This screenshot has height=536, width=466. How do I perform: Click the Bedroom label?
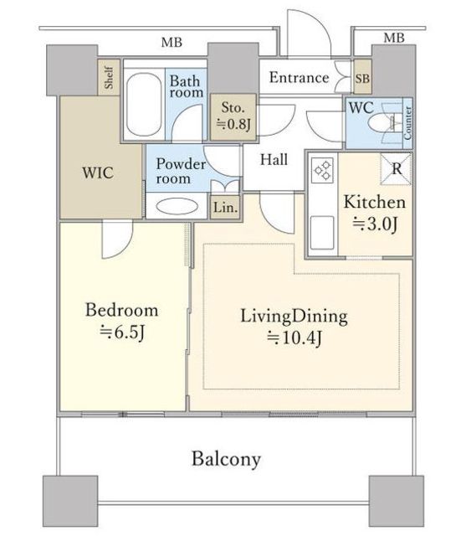coord(121,310)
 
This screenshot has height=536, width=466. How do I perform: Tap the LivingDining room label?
coord(294,317)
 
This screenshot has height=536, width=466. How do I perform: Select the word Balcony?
coord(226,459)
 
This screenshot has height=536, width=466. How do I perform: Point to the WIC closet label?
coord(98,173)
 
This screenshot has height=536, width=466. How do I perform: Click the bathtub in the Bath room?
coord(144,104)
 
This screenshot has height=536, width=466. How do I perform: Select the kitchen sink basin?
coord(322,233)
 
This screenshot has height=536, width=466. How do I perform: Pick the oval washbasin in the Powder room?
coord(177,207)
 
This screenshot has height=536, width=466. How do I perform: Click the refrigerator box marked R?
coord(396,169)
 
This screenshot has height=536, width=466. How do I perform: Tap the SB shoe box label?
coord(362,79)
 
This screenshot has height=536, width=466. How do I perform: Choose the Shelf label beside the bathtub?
coord(109,78)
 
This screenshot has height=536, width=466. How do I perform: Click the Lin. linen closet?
coord(225,208)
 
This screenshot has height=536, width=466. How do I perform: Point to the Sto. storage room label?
coord(233,107)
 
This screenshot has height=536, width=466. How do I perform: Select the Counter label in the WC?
coord(407,123)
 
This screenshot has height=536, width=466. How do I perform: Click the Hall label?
coord(274,160)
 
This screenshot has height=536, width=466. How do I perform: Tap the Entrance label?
coord(299,78)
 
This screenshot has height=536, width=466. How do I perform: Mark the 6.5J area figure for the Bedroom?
coord(122,332)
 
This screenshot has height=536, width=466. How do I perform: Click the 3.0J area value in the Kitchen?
coord(375,224)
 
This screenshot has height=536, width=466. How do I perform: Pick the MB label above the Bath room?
coord(172,43)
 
